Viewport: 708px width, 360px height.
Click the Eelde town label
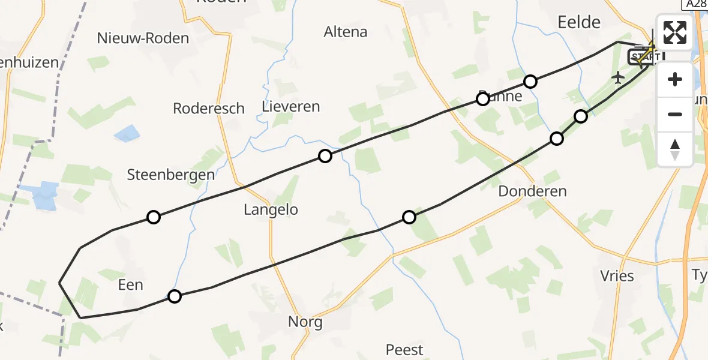pyautogui.click(x=578, y=22)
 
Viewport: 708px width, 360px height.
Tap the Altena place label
pyautogui.click(x=345, y=32)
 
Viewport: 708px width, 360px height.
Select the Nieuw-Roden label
pyautogui.click(x=143, y=38)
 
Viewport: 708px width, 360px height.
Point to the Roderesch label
pyautogui.click(x=208, y=109)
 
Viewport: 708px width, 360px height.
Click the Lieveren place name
pyautogui.click(x=291, y=107)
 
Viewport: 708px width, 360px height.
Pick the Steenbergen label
pyautogui.click(x=171, y=175)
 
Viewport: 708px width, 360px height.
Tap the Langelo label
pyautogui.click(x=271, y=210)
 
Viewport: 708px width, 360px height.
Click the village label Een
pyautogui.click(x=131, y=284)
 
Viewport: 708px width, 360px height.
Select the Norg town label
pyautogui.click(x=305, y=322)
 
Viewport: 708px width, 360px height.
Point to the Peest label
pyautogui.click(x=404, y=349)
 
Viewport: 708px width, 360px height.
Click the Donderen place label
pyautogui.click(x=532, y=192)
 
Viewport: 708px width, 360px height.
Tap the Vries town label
pyautogui.click(x=617, y=276)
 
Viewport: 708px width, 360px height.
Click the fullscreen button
pyautogui.click(x=675, y=32)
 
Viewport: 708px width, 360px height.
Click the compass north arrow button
pyautogui.click(x=675, y=149)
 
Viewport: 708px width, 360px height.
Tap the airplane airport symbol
pyautogui.click(x=618, y=77)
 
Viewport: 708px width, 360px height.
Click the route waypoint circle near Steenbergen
pyautogui.click(x=154, y=217)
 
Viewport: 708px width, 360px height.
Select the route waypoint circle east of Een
pyautogui.click(x=174, y=296)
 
